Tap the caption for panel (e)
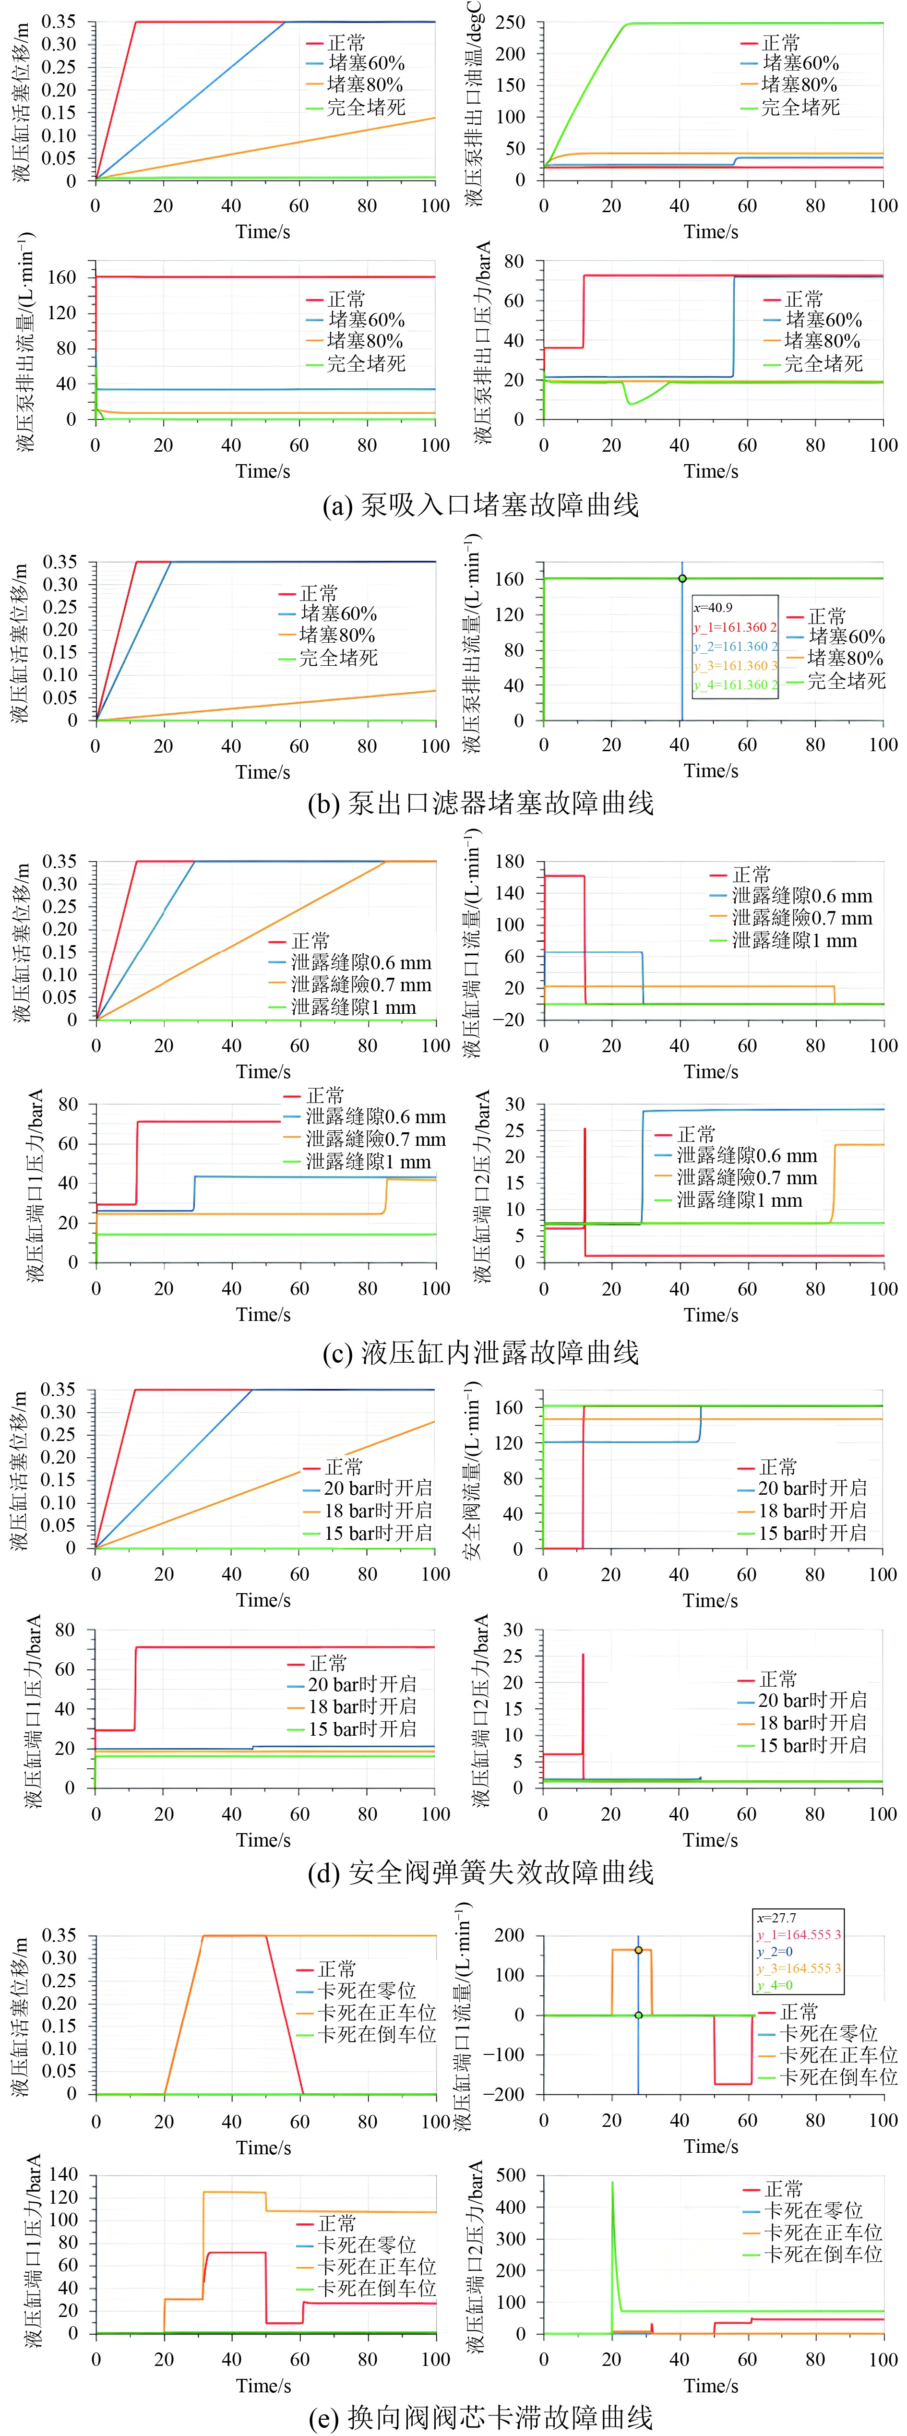[480, 2417]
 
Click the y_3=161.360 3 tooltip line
[735, 666]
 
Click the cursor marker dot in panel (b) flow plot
[682, 579]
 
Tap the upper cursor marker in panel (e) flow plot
[638, 1950]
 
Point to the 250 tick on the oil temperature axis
[511, 22]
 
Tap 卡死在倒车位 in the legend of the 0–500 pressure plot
[823, 2255]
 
